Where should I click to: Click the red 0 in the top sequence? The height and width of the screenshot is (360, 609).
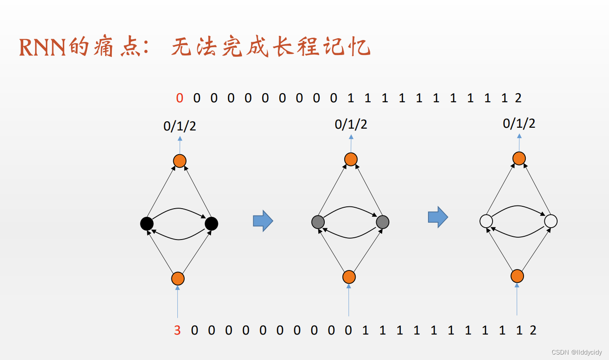(180, 98)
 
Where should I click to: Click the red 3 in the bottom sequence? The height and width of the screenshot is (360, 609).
(177, 330)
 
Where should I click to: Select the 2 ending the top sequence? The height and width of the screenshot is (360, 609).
(518, 98)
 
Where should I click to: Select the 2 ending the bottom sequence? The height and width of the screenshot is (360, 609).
(533, 330)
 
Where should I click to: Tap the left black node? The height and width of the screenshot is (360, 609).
(146, 224)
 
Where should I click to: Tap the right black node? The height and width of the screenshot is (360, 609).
(211, 224)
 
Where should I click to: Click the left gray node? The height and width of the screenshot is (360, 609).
(318, 222)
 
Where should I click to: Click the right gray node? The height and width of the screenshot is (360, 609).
(383, 222)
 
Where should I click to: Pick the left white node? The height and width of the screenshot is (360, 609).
(486, 221)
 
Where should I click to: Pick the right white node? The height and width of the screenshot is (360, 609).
(551, 221)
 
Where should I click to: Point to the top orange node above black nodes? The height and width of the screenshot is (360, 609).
(180, 160)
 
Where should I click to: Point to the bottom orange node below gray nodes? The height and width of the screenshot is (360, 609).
(349, 277)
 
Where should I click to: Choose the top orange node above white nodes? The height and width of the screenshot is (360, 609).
(519, 158)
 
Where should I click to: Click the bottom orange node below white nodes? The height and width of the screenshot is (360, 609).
(517, 275)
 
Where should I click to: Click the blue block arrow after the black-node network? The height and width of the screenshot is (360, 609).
(262, 221)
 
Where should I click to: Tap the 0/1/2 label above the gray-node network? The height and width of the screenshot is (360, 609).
(351, 125)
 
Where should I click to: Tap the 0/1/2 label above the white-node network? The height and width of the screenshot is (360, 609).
(519, 124)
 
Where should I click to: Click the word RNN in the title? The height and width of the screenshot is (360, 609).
(43, 47)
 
